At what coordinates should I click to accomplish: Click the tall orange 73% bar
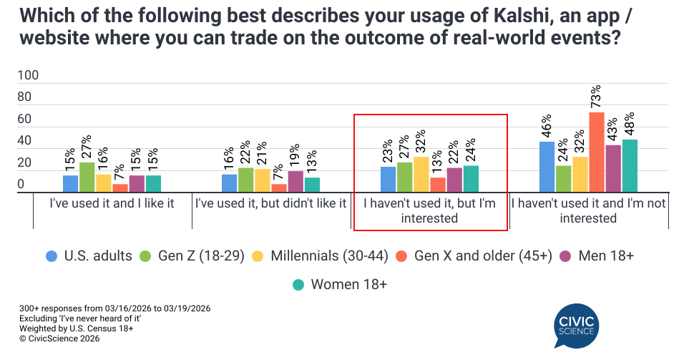click(596, 152)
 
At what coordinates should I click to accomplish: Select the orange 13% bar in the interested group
click(438, 185)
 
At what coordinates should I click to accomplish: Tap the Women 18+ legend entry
click(339, 284)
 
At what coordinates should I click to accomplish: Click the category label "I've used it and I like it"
click(112, 203)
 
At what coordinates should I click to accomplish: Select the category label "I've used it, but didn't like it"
click(271, 203)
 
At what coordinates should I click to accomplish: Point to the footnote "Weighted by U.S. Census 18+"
click(77, 329)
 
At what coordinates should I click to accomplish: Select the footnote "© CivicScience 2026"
click(59, 339)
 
